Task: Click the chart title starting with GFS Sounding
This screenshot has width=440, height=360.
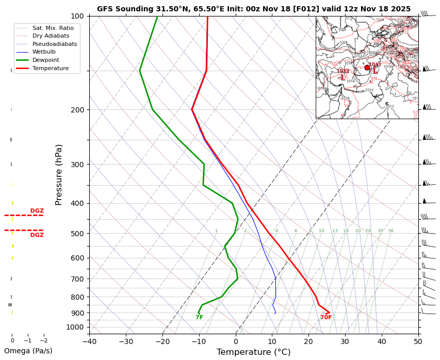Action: point(254,9)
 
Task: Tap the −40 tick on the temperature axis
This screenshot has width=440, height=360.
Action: point(89,341)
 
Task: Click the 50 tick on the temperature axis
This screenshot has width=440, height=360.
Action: point(418,341)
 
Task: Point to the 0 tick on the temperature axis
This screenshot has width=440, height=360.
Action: point(235,341)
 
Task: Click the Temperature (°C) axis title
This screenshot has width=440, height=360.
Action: point(253,352)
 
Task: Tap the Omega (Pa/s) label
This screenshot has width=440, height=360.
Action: point(28,351)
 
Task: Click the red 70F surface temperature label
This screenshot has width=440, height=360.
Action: point(326,318)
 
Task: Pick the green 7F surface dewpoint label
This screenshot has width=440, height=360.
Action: point(199,318)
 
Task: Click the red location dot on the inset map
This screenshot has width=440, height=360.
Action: point(367,68)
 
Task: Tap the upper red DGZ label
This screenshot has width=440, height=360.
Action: point(37,211)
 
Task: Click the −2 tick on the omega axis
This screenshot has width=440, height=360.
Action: point(43,340)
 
